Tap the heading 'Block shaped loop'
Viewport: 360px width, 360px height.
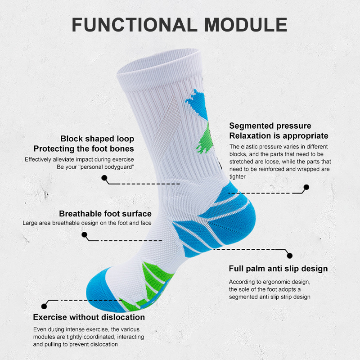pos(97,139)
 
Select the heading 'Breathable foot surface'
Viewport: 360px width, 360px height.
pos(105,214)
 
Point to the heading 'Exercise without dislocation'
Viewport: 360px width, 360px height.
pos(89,317)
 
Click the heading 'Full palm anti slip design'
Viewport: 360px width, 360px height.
pos(278,269)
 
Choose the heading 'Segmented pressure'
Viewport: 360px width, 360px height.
pos(270,126)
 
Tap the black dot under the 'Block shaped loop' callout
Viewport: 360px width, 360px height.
pos(104,178)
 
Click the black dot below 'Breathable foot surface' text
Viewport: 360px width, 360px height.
pos(84,234)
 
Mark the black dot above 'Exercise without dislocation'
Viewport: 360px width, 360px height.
pos(44,306)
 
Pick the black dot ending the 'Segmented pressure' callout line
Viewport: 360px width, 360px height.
pos(306,187)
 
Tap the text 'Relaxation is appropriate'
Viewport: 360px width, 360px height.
pos(279,135)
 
